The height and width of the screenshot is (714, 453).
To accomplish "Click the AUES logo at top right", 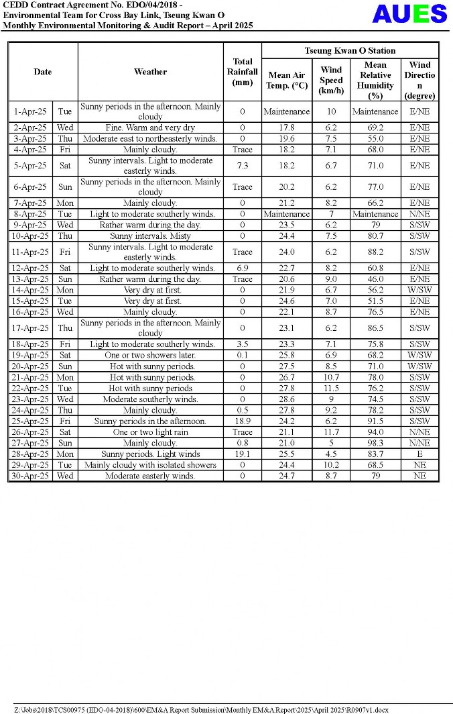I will [x=409, y=13].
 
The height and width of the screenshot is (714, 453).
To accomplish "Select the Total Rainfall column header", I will [x=242, y=72].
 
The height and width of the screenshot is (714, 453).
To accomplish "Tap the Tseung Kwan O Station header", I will [x=350, y=51].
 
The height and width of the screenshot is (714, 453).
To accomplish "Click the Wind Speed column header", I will [x=331, y=80].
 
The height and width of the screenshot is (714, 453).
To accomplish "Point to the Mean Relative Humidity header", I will [x=375, y=80].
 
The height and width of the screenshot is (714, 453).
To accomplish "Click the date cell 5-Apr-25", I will [x=30, y=166].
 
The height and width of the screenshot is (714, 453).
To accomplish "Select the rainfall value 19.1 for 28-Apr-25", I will [x=242, y=454].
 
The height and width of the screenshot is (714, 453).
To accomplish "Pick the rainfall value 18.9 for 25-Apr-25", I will [x=242, y=421].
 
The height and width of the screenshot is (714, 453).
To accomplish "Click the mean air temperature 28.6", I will [x=287, y=399].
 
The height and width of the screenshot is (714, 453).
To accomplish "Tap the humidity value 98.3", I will [x=375, y=444].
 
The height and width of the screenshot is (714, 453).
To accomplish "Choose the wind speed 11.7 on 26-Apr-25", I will [x=331, y=432].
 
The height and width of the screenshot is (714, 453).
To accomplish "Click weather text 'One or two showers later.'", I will [x=150, y=355].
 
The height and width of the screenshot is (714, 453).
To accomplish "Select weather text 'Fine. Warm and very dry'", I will [x=150, y=127].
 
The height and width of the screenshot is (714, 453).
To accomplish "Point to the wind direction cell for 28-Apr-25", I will [x=419, y=454].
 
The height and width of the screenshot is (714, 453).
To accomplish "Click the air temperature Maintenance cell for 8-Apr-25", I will [x=287, y=214].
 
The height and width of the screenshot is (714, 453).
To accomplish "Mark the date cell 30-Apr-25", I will [x=30, y=476].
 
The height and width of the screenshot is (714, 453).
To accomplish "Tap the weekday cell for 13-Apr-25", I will [x=65, y=279].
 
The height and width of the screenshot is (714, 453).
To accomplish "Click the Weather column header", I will [x=150, y=72].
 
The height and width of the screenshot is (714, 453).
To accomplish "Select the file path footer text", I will [x=201, y=709].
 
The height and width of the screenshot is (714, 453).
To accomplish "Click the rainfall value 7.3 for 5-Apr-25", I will [x=242, y=166].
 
